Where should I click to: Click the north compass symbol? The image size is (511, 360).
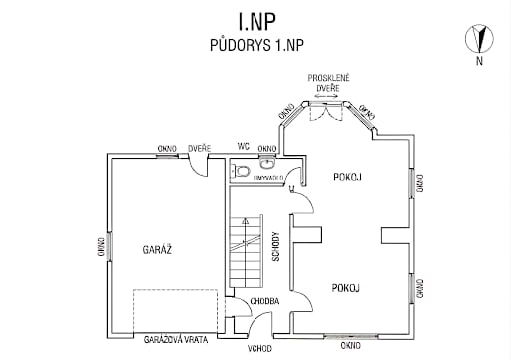479,38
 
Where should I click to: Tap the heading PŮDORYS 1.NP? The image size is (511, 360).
256,45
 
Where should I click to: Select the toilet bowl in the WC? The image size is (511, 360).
242,172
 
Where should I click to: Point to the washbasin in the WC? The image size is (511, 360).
267,162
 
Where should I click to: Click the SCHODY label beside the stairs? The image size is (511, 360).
276,247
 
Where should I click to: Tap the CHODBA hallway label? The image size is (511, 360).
264,301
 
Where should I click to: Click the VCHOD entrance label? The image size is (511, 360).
259,349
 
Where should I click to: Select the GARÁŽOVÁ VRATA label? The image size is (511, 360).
176,340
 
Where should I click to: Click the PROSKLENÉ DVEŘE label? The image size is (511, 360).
328,83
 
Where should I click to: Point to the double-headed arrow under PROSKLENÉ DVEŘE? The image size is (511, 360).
326,96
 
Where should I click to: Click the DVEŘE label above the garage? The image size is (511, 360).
199,149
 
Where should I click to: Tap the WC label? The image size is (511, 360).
244,146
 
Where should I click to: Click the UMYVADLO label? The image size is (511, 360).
268,179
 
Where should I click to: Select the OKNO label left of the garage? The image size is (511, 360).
101,246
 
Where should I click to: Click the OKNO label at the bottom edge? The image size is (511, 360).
351,346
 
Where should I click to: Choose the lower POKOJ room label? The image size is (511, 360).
346,288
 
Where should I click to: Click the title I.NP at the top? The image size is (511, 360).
256,21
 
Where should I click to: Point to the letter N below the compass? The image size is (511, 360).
479,61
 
